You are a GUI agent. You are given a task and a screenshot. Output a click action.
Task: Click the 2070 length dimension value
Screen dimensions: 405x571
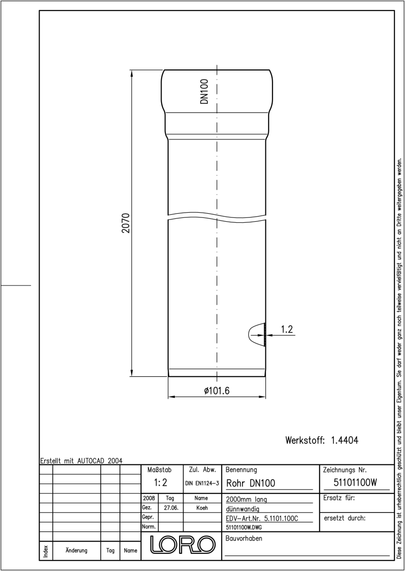point(126,223)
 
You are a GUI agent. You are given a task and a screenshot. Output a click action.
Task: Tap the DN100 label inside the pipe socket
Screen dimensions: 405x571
point(204,91)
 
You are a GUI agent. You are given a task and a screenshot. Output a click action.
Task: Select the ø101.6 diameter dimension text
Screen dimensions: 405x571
point(217,391)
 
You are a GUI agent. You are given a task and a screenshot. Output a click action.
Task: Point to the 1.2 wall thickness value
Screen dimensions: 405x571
point(287,329)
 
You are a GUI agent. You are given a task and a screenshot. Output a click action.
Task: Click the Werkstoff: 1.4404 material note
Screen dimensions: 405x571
point(322,440)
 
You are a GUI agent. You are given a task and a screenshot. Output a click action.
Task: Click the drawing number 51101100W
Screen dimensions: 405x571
point(355,482)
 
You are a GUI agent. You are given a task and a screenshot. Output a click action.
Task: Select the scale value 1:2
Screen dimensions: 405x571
point(161,482)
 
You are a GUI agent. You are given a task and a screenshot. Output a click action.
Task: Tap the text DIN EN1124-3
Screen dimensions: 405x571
point(202,483)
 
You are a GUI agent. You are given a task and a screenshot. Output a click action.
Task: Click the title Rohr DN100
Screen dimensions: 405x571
point(251,483)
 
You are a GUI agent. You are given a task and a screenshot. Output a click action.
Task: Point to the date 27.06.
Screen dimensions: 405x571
point(171,508)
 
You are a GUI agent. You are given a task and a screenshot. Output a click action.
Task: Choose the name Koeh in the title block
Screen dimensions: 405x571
point(202,508)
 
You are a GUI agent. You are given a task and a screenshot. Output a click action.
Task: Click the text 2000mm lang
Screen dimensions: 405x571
point(246,500)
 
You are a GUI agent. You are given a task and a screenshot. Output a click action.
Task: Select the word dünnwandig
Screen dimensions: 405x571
point(243,509)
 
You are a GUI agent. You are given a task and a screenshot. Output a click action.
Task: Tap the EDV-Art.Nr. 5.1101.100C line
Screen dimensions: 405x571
point(262,519)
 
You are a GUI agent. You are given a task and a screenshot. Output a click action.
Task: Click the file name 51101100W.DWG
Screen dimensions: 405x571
point(243,527)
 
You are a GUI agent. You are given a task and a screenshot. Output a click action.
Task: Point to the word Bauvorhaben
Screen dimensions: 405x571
point(243,538)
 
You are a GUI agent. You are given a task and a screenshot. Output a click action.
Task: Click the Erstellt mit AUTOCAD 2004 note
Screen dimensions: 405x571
point(81,461)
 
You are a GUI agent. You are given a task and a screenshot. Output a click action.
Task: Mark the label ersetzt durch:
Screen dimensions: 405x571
point(344,518)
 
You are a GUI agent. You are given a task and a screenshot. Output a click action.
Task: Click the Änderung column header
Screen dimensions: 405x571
point(76,551)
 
